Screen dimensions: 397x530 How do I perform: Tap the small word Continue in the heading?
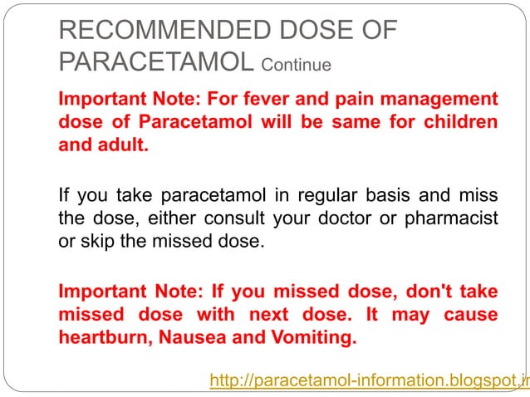(x=297, y=64)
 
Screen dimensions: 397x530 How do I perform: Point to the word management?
(x=439, y=100)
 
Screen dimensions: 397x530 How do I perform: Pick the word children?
(x=460, y=123)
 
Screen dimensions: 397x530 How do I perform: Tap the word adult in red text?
(x=125, y=145)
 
